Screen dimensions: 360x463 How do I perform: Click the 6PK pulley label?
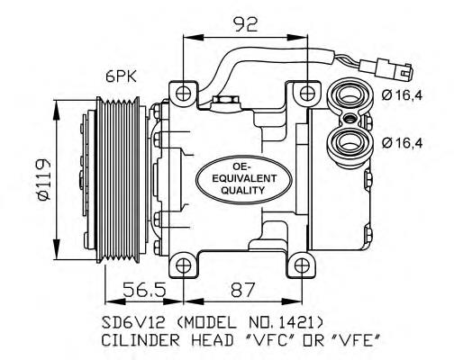[120, 78]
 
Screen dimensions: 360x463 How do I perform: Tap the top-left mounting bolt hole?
[184, 92]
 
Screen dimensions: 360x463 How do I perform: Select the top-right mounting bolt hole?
[308, 92]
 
